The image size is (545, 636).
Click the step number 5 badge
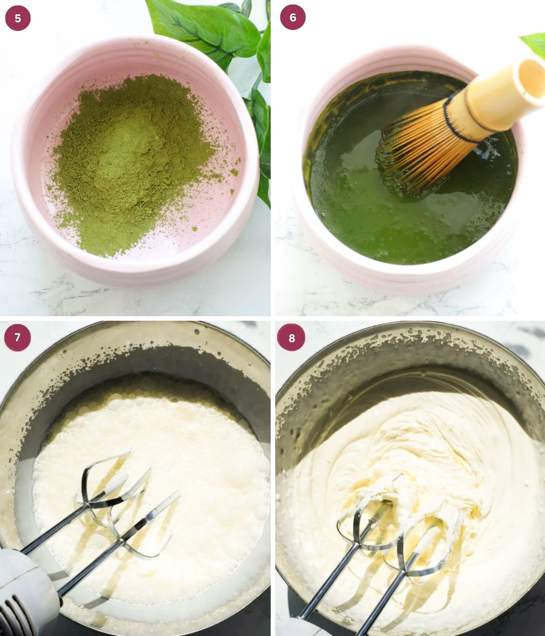(18, 18)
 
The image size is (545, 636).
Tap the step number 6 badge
(292, 18)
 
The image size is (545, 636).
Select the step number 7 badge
(18, 338)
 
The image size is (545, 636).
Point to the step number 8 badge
(291, 338)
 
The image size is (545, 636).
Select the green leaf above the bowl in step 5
(204, 27)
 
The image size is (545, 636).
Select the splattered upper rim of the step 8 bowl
(409, 345)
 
